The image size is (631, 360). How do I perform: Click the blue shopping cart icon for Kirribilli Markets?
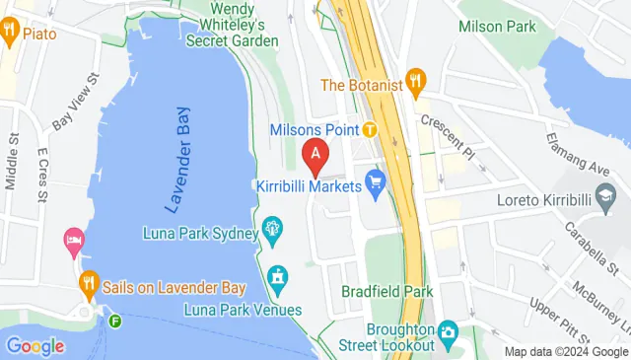point(375,181)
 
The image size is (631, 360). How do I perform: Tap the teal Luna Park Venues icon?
point(279,277)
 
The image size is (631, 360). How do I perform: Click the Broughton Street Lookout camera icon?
point(448,329)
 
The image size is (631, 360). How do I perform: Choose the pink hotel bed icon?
point(73,239)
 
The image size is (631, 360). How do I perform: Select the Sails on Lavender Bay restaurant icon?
point(87,283)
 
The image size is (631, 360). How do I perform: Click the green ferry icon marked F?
point(116,320)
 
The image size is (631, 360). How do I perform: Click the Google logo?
point(35,346)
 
